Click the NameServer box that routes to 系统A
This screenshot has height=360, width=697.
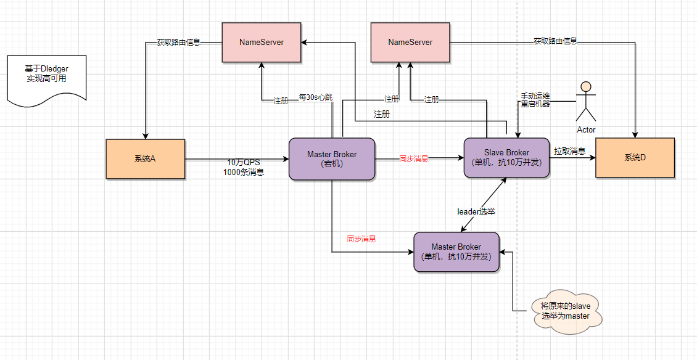[262, 43]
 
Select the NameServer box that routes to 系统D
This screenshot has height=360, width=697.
[410, 43]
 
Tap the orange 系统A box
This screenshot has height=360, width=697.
[146, 158]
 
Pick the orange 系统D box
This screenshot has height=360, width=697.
[635, 158]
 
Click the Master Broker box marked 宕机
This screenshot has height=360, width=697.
[332, 159]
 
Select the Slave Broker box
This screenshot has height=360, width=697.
[506, 158]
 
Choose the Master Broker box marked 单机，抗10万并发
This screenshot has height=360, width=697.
[456, 252]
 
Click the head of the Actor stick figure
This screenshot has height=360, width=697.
[586, 86]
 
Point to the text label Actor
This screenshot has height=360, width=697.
[586, 130]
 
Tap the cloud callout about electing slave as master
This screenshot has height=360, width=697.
[565, 311]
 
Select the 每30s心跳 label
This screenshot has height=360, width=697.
[315, 97]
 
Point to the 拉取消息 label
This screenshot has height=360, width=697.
[569, 151]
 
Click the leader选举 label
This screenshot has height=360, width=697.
[476, 211]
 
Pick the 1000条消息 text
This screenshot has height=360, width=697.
[244, 173]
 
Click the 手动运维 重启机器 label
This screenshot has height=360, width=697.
[535, 100]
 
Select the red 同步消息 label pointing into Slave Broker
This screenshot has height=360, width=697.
[414, 158]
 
